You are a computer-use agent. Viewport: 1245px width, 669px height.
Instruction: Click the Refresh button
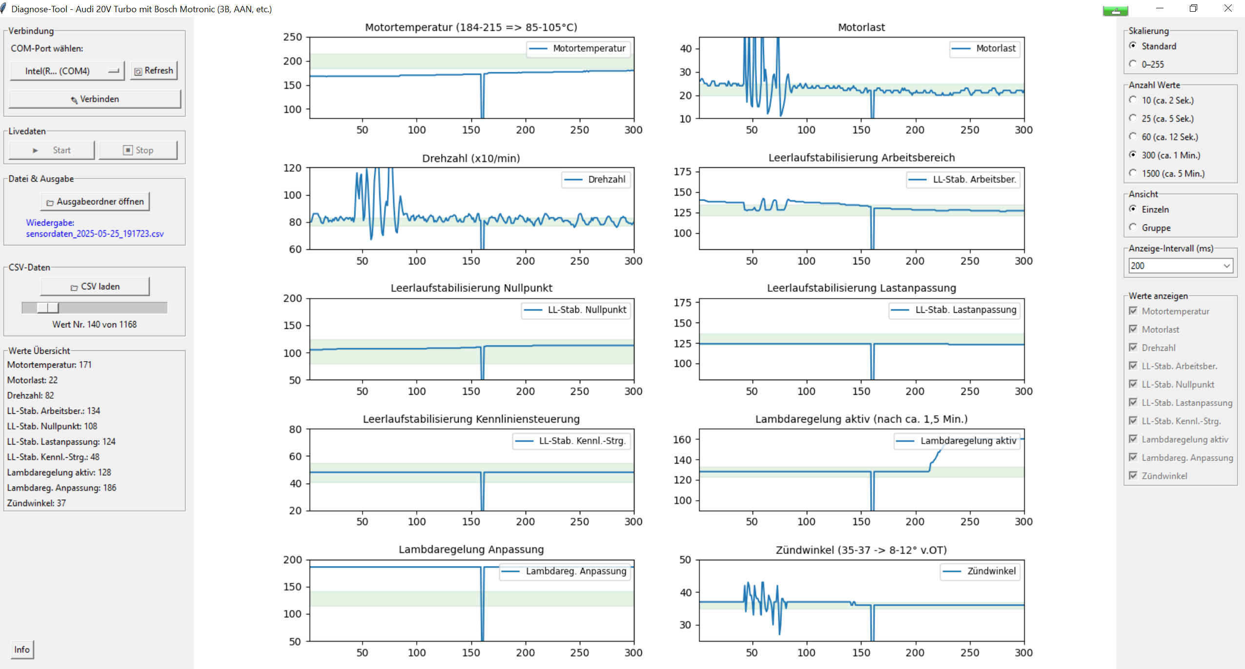tap(154, 71)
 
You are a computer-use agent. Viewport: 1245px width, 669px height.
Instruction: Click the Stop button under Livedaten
tap(138, 150)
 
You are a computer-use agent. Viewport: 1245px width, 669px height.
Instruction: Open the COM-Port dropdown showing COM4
tap(67, 71)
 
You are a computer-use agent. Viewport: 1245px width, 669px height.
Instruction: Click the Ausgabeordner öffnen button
tap(95, 202)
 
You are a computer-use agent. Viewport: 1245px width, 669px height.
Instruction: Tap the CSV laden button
tap(95, 286)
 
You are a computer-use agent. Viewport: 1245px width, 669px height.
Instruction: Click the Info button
tap(22, 649)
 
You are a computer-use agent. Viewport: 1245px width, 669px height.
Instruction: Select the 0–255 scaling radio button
tap(1133, 64)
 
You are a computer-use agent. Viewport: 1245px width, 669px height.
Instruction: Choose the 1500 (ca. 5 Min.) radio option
tap(1133, 173)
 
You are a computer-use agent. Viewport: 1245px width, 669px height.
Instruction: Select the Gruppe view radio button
tap(1133, 227)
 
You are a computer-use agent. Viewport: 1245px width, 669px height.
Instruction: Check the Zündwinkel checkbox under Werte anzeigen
tap(1133, 476)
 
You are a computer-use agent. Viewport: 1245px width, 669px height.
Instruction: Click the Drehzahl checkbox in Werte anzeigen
tap(1133, 347)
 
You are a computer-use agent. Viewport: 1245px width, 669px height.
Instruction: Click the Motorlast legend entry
tap(985, 48)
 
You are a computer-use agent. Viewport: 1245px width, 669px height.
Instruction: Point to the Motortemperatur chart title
tap(471, 27)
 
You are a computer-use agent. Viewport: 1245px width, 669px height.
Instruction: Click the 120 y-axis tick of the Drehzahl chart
tap(293, 168)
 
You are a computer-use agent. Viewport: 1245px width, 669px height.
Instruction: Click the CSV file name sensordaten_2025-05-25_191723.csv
tap(95, 234)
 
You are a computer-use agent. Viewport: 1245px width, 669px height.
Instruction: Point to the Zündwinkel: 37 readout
tap(37, 503)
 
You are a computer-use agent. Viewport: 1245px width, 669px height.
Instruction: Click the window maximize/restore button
tap(1193, 8)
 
